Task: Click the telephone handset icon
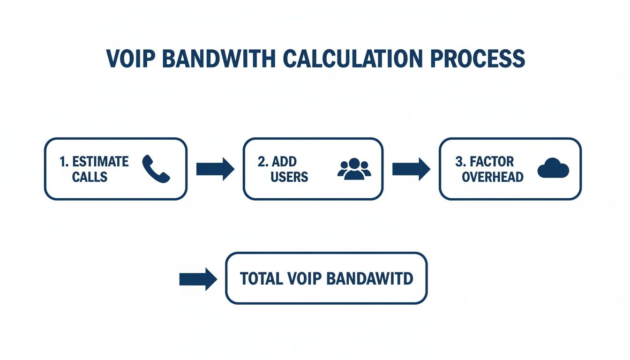(x=156, y=169)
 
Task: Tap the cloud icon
(x=553, y=169)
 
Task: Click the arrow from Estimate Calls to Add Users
(x=215, y=169)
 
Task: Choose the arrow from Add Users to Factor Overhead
(x=411, y=169)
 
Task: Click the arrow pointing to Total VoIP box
(x=198, y=279)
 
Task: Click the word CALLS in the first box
(x=90, y=177)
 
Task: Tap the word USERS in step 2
(x=289, y=177)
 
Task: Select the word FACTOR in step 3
(x=492, y=162)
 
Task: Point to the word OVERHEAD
(x=493, y=177)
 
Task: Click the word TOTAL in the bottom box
(x=260, y=278)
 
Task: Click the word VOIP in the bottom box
(x=303, y=278)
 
